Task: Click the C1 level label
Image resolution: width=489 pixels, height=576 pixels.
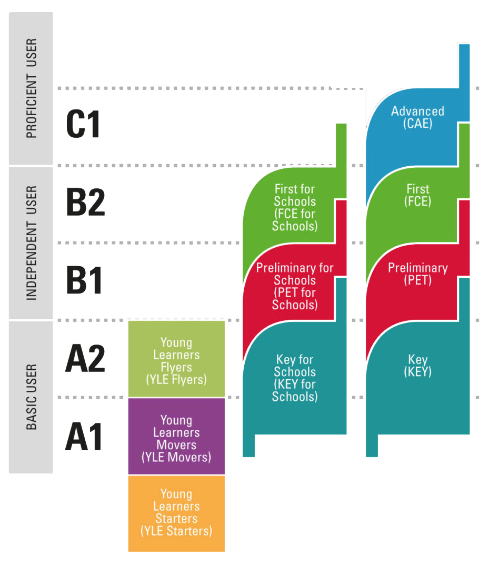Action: [x=83, y=125]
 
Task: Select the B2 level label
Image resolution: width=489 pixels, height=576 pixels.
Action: [x=85, y=202]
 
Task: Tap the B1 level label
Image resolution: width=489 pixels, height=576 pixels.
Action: [x=84, y=280]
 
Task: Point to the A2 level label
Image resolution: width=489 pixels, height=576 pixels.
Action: [x=85, y=359]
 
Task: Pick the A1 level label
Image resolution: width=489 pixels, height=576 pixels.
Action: [x=84, y=437]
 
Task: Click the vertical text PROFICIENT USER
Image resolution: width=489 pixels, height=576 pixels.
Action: [x=32, y=88]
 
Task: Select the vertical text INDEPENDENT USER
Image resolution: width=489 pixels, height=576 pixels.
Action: [x=32, y=242]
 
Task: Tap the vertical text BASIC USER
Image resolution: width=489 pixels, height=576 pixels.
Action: [x=32, y=397]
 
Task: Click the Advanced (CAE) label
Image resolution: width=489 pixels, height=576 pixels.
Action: [x=417, y=117]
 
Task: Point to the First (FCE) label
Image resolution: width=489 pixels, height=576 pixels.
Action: [x=417, y=195]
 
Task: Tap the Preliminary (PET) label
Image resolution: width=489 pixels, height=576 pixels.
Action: [x=417, y=274]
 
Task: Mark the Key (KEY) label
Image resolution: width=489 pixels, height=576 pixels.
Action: [x=417, y=366]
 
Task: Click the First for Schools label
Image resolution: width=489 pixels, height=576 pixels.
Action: [x=295, y=207]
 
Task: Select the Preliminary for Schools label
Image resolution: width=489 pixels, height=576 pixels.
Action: [x=295, y=286]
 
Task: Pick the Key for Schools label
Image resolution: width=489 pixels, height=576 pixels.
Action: [x=295, y=378]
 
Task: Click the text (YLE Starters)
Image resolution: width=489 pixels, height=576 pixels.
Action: [x=176, y=531]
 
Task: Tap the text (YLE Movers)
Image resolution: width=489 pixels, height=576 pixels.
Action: [x=176, y=457]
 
